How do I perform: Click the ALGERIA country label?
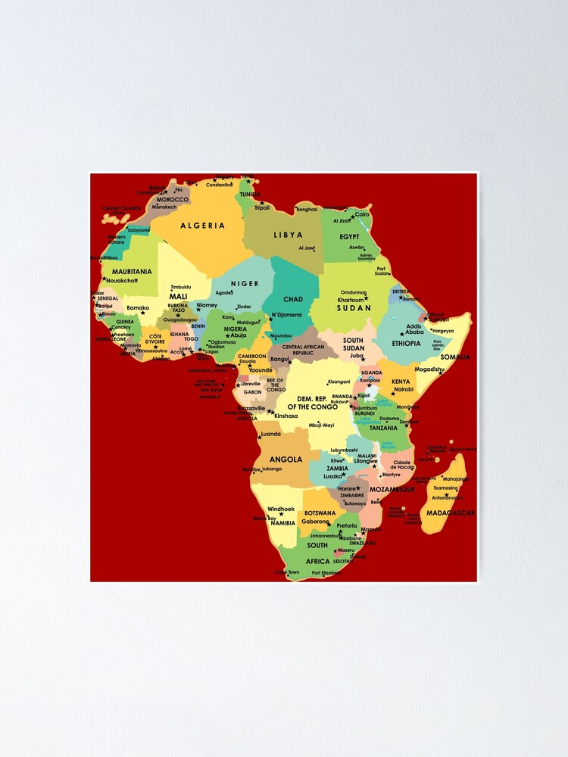tap(202, 226)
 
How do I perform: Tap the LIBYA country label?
tap(288, 235)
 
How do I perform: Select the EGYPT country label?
tap(349, 237)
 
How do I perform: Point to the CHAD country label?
tap(293, 300)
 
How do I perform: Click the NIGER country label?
tap(245, 284)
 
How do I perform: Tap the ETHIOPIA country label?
tap(412, 343)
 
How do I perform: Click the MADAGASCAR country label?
tap(450, 513)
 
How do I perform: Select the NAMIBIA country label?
tap(282, 523)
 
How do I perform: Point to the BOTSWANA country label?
tap(320, 513)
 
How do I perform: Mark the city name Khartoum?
tap(351, 300)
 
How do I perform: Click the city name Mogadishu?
tap(430, 369)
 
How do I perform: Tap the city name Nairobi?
tap(404, 389)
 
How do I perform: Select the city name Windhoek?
tap(281, 509)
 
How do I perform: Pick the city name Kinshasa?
tap(286, 416)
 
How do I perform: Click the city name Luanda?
tap(270, 435)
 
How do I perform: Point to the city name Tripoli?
tap(262, 207)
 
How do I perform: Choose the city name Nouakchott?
tap(123, 280)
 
